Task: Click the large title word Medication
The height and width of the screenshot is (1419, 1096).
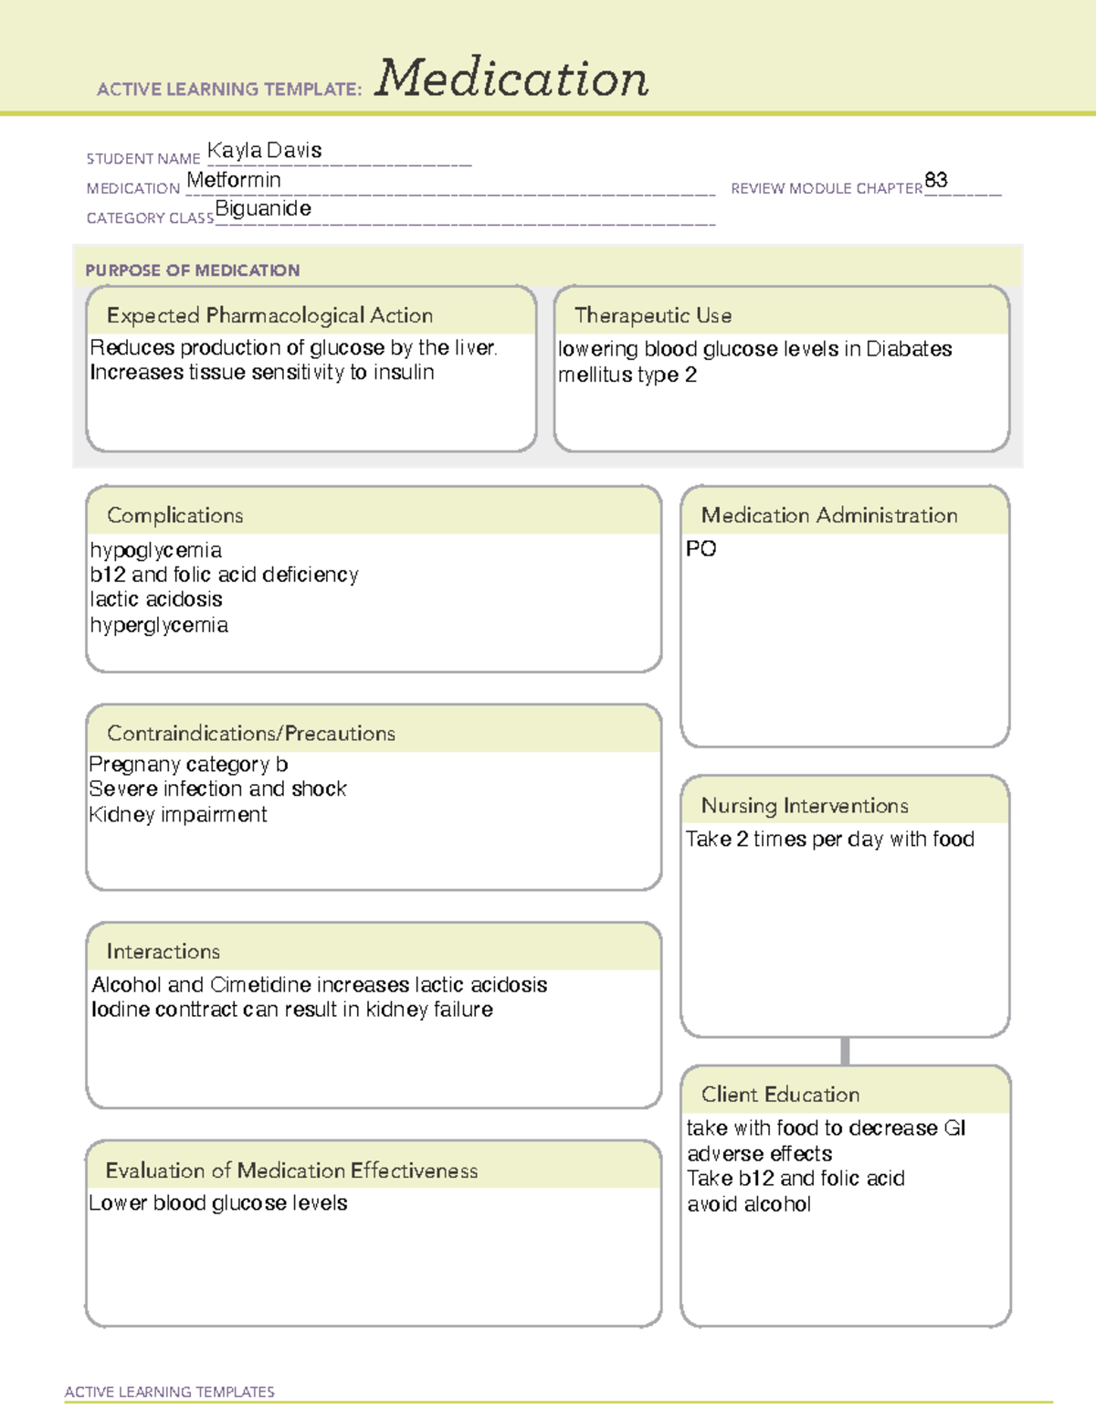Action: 511,79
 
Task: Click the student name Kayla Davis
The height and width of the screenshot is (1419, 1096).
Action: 264,151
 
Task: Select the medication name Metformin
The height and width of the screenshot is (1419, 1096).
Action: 234,180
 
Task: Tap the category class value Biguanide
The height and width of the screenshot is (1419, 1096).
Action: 263,209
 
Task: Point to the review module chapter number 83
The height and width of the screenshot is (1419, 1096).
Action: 935,180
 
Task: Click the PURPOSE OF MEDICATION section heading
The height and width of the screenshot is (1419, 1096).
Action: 192,270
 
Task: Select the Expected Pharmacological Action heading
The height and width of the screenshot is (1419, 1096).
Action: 269,315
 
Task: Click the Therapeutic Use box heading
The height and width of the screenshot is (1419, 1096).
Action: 652,315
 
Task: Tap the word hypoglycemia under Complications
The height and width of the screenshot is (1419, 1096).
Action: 155,550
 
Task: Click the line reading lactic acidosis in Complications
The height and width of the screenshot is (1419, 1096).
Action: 156,599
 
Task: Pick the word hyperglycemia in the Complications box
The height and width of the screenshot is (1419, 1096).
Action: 159,625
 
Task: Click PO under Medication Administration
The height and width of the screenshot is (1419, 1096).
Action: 701,549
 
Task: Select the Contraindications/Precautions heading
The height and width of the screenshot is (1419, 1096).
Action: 250,734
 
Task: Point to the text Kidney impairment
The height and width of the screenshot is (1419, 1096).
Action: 178,814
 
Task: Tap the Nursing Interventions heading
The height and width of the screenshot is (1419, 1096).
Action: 804,806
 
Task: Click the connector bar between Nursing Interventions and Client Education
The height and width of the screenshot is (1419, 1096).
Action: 845,1051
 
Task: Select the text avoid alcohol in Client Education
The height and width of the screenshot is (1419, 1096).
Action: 749,1204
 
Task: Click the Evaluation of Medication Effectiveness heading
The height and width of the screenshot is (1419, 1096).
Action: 291,1170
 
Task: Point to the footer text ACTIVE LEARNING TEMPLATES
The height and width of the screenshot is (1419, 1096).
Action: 169,1392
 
